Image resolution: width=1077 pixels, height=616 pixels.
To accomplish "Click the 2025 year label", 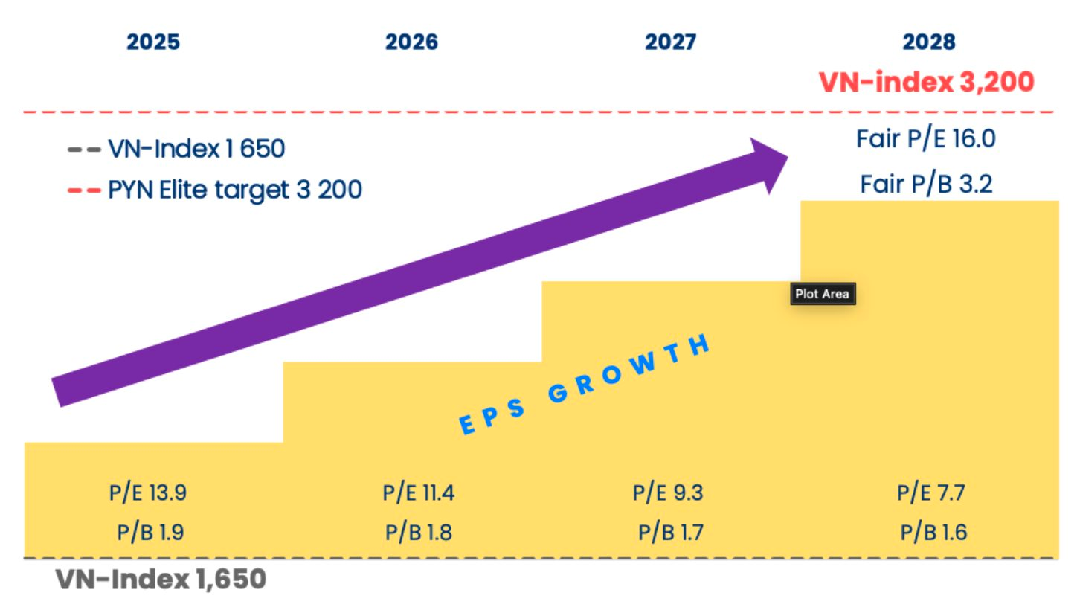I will point(153,42).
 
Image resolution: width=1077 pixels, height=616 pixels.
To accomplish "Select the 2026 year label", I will point(411,42).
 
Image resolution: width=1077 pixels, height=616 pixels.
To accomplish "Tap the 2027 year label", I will point(670,42).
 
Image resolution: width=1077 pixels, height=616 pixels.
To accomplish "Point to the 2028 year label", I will point(929,42).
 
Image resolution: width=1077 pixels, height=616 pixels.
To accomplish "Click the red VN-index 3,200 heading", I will point(927,81).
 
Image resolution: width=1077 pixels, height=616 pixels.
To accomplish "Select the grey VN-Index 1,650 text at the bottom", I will point(161,580).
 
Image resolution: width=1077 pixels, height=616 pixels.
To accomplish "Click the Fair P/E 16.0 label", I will point(926,139).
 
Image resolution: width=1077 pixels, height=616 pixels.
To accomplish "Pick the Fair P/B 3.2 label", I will point(926,183).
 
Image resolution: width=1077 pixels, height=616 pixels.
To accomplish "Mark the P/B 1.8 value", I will point(418,533).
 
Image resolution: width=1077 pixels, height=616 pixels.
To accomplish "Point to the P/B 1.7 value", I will point(671,533).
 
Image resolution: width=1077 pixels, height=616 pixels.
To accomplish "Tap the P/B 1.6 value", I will point(933,533).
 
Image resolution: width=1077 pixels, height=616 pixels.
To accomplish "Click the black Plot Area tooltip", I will point(822,294).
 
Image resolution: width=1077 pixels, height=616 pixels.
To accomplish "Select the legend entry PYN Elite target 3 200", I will point(235,190).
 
